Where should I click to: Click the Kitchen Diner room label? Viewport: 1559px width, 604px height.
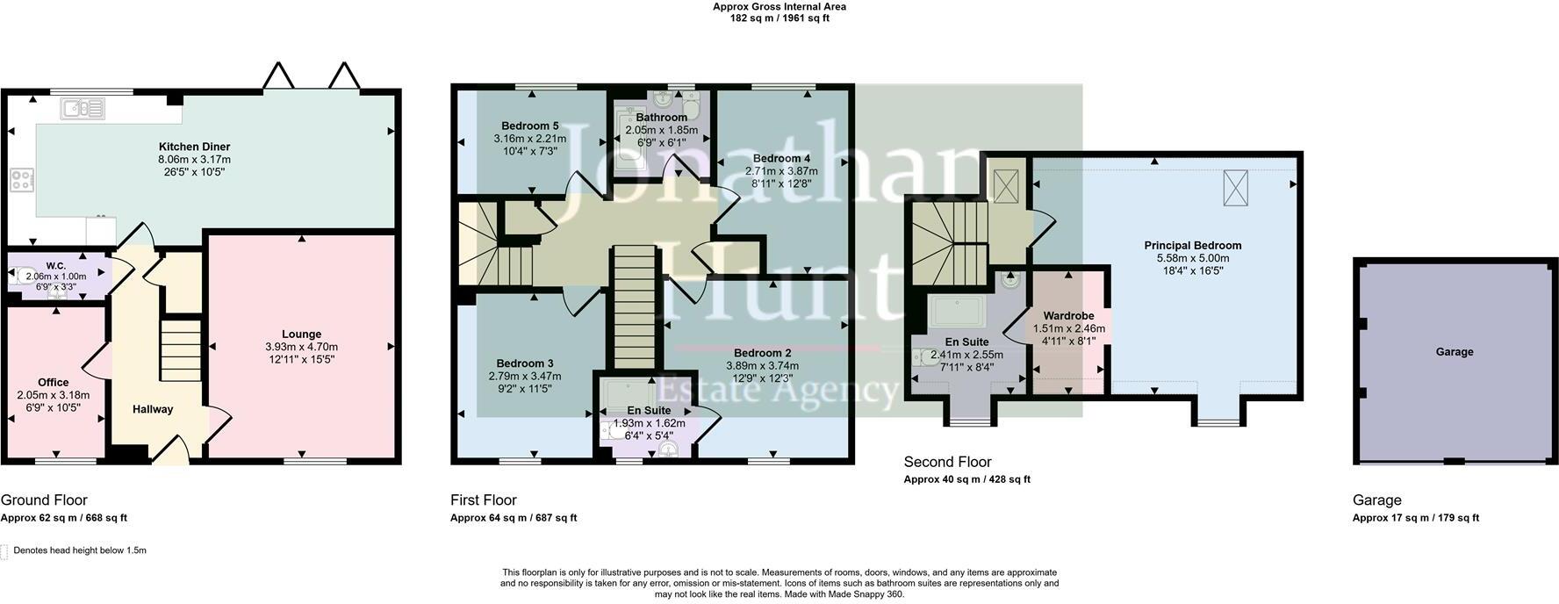coord(194,147)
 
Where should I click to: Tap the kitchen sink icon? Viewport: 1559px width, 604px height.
coord(83,109)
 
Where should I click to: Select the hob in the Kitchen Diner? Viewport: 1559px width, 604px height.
coord(22,181)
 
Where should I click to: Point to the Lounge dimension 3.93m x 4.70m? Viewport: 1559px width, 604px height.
coord(301,347)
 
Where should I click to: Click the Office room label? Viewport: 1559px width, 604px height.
coord(54,383)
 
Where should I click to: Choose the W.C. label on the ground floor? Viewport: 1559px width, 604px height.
coord(56,266)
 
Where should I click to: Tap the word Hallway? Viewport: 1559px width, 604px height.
coord(153,409)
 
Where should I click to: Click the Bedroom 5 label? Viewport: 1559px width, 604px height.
coord(530,126)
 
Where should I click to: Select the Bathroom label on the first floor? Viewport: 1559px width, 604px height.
coord(662,118)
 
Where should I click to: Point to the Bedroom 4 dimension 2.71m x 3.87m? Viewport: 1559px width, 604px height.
coord(781,171)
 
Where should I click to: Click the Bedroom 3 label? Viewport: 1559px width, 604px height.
coord(525,363)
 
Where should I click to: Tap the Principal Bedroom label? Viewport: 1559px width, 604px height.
coord(1192,246)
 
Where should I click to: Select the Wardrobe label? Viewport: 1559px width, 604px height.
coord(1068,316)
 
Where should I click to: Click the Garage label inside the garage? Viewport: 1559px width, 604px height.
coord(1455,352)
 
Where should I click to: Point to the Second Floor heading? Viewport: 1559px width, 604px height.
coord(947,462)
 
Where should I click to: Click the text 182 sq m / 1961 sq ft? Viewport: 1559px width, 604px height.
coord(779,18)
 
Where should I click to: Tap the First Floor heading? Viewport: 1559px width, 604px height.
coord(484,500)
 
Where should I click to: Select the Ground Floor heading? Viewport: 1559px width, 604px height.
coord(44,500)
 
